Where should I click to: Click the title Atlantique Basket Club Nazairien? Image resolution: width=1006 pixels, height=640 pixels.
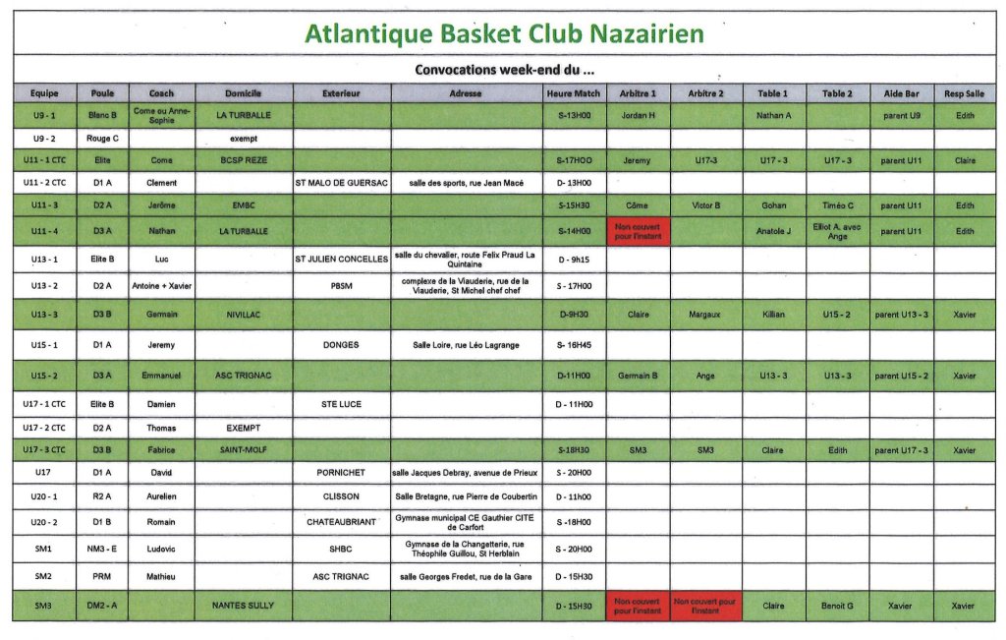504,33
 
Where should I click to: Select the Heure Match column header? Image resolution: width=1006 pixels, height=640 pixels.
574,93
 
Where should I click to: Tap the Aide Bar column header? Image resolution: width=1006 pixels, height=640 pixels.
901,93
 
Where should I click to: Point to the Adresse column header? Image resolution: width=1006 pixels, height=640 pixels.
466,93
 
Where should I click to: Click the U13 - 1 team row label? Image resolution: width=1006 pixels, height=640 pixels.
44,260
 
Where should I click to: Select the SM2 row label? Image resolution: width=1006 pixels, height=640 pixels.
44,576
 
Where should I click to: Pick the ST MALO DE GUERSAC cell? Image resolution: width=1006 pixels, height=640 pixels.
341,183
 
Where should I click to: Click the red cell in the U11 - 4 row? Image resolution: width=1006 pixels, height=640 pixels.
638,232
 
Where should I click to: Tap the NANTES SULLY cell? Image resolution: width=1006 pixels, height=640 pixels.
244,606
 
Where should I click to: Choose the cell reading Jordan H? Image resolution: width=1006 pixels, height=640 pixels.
638,115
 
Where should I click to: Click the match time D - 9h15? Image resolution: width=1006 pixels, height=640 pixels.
574,260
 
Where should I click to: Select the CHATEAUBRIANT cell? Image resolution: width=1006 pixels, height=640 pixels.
341,522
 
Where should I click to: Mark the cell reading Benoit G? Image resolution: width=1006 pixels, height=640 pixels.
837,606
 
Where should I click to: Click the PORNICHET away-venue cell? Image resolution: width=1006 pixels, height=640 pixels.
341,473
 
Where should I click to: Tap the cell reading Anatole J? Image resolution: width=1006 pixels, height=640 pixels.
773,232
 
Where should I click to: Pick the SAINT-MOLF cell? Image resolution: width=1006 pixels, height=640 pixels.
244,450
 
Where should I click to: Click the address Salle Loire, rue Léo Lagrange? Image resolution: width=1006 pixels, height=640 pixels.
466,345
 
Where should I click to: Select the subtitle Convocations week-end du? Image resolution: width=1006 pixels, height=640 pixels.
504,70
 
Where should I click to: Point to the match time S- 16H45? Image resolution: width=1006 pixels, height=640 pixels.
574,345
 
